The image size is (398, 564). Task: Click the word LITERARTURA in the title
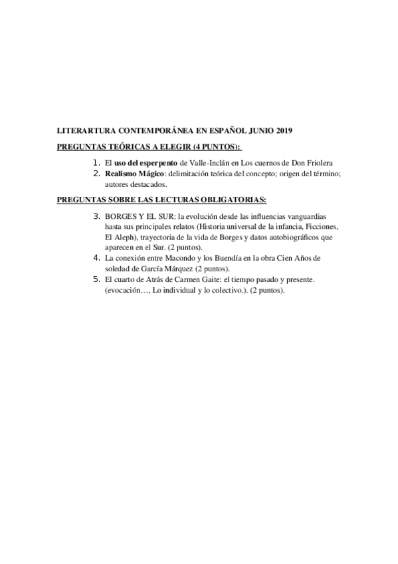coord(84,132)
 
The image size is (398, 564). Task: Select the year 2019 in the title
coord(282,132)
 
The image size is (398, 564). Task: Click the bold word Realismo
coord(121,174)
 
